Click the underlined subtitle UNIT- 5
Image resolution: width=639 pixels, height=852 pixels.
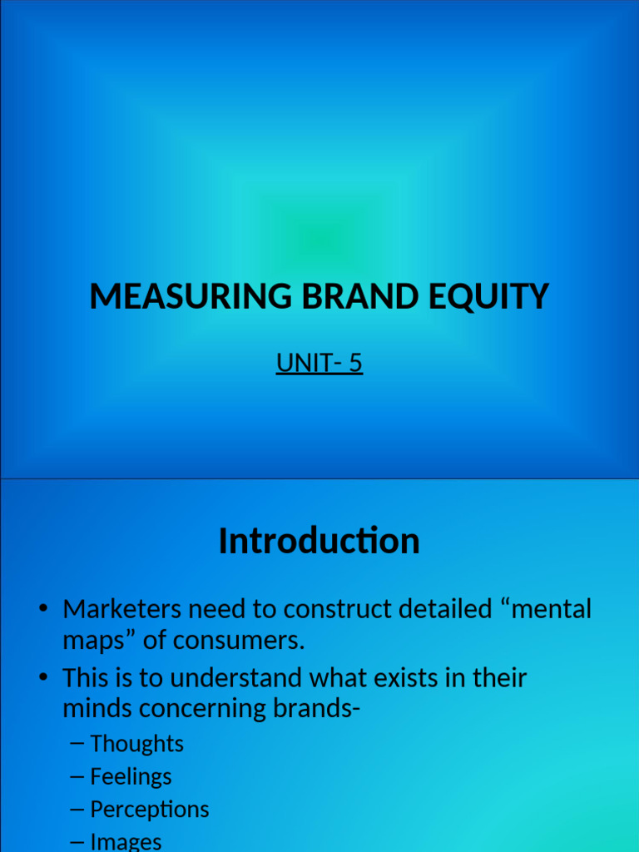point(319,364)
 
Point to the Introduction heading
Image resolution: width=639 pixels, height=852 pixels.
point(319,542)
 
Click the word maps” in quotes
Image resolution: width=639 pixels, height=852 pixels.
point(97,641)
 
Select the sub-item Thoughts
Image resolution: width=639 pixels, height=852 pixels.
point(136,744)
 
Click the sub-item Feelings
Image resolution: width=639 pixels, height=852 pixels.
point(131,777)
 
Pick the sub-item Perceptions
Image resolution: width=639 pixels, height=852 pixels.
point(150,810)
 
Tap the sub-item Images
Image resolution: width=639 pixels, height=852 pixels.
point(126,842)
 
